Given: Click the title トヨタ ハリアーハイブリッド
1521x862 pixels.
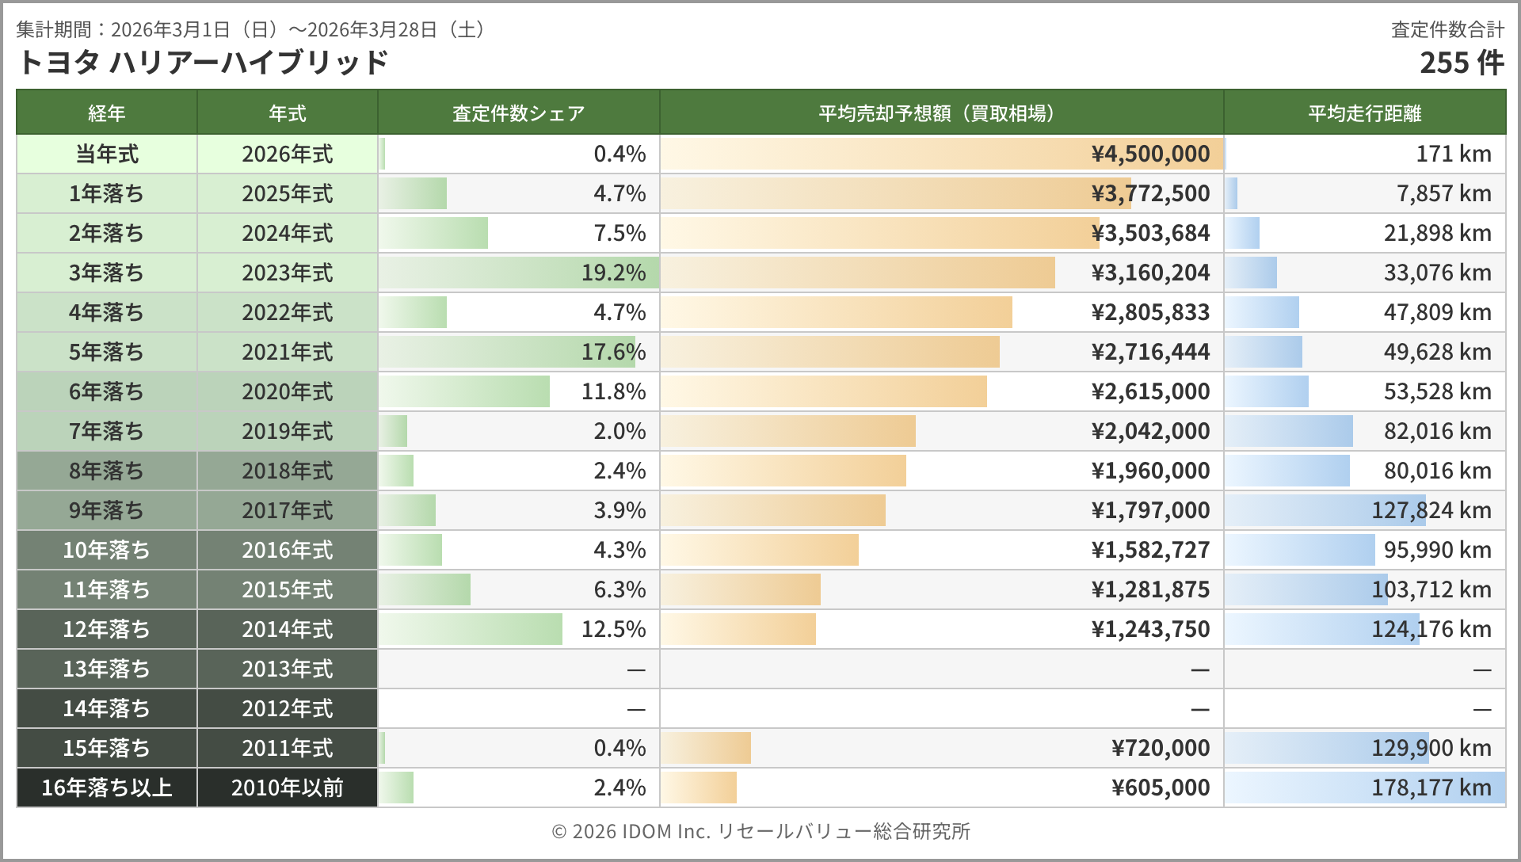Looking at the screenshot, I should pos(202,63).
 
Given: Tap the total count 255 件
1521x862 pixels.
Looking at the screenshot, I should pos(1461,63).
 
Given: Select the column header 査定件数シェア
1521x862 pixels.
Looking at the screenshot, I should pos(518,113).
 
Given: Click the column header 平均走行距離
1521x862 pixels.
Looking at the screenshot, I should pos(1364,113).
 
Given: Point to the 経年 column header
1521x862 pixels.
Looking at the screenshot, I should pos(107,113).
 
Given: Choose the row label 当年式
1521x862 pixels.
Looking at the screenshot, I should pos(107,154).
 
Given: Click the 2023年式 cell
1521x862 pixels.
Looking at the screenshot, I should pos(287,273).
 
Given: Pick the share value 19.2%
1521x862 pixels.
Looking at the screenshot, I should pos(613,273).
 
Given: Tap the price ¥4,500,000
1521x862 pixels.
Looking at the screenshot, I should pos(1150,154).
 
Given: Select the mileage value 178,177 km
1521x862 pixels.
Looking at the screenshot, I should pos(1431,788).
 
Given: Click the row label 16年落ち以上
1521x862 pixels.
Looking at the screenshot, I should pos(107,788).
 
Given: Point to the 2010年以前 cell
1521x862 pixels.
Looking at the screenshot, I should pos(287,788).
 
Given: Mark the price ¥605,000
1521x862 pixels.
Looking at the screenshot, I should pos(1161,788).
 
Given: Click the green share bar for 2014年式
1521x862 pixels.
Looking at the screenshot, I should pos(471,629).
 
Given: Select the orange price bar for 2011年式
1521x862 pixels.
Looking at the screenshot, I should pos(706,748).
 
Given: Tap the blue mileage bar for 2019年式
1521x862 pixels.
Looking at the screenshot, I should pos(1289,431).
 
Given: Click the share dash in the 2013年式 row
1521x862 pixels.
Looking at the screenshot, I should pos(635,669).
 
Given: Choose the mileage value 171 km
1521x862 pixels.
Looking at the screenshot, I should pos(1453,154).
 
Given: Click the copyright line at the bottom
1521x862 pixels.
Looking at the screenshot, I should pos(760,831).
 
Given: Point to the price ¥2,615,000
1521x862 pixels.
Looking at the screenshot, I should pos(1150,391).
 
